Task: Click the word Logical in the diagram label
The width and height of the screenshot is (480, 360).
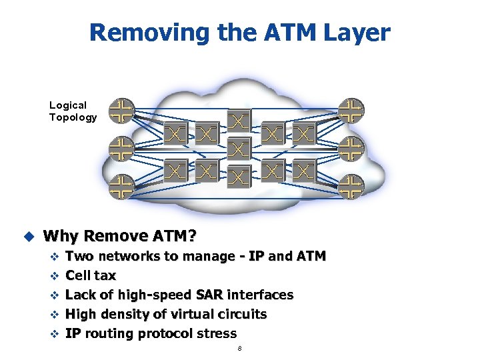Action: tap(68, 105)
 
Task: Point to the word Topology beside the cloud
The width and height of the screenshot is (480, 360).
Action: tap(73, 117)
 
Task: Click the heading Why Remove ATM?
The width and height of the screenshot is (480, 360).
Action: tap(121, 236)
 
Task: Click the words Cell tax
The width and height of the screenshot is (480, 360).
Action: tap(91, 275)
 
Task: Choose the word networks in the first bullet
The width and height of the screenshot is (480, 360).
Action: tap(128, 256)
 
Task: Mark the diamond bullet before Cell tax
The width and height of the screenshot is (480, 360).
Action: tap(55, 276)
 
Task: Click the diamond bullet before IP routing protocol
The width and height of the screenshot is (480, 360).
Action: tap(55, 334)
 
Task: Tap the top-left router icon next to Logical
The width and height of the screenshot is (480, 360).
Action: tap(122, 110)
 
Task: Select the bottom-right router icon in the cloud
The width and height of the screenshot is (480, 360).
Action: tap(351, 187)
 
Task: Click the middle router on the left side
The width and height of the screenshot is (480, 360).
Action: tap(122, 148)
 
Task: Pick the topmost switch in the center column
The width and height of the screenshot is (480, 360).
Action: tap(239, 121)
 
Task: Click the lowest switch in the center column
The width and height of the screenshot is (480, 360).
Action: tap(239, 176)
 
